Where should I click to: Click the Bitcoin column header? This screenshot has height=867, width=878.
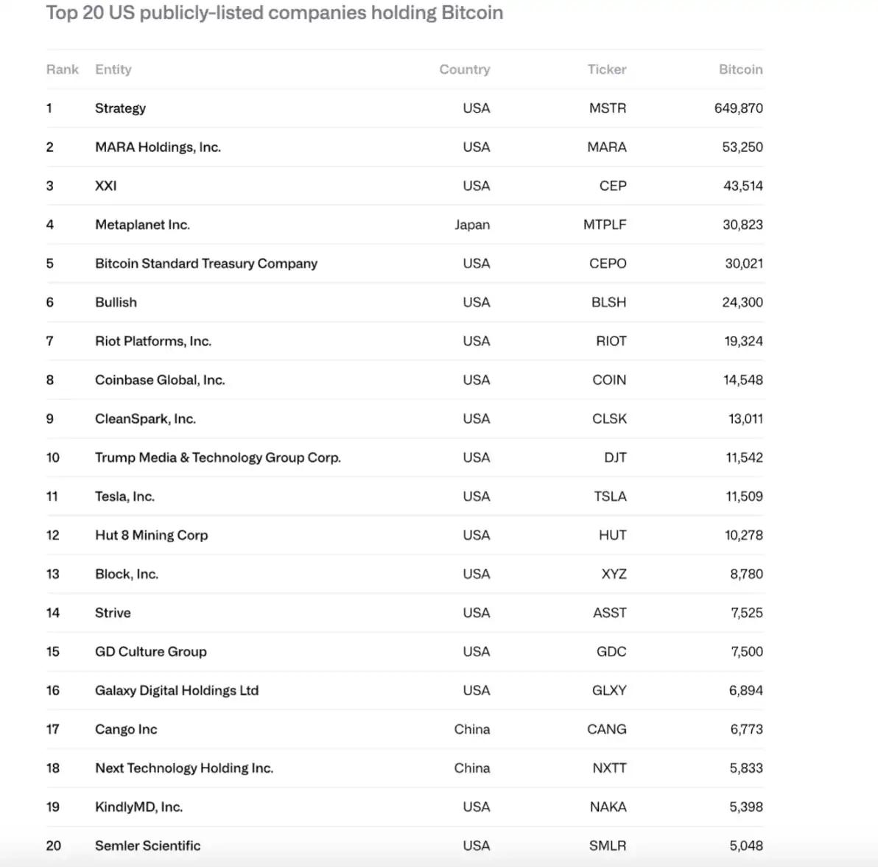[740, 69]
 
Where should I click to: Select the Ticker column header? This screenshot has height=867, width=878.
[606, 69]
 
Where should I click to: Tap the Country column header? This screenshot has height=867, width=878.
[464, 69]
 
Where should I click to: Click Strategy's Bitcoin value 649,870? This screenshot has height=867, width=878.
[738, 108]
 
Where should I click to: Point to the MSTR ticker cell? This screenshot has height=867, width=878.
[607, 108]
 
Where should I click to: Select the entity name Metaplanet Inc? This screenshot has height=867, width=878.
[142, 225]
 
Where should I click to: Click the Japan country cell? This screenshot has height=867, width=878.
[471, 225]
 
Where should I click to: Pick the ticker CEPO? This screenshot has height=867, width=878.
[607, 264]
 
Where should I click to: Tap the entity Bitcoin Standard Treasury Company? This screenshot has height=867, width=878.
[206, 264]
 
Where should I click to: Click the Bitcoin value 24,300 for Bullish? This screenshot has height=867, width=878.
[742, 303]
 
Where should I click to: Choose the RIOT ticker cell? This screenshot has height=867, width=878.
[611, 341]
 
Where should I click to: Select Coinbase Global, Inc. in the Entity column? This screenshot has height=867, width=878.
[159, 380]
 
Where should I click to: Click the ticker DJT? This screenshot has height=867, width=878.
[614, 457]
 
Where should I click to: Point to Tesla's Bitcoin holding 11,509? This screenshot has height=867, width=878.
[744, 496]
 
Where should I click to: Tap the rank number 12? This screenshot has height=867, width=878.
[52, 536]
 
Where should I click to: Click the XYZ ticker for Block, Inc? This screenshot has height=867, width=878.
[614, 574]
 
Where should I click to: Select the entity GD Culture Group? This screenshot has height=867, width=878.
[150, 652]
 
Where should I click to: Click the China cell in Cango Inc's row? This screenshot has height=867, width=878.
[471, 729]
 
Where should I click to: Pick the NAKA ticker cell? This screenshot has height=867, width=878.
[608, 807]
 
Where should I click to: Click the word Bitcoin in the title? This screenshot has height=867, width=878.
[471, 13]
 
